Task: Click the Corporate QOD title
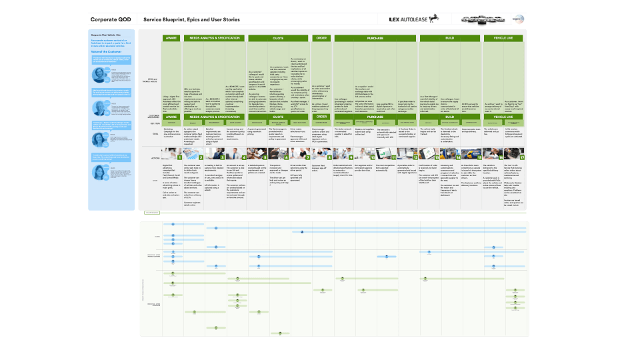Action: [109, 20]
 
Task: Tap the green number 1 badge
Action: [180, 157]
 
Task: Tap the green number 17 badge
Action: [521, 157]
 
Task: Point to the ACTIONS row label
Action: [155, 157]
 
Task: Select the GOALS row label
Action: [155, 133]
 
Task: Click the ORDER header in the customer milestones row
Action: [321, 117]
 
